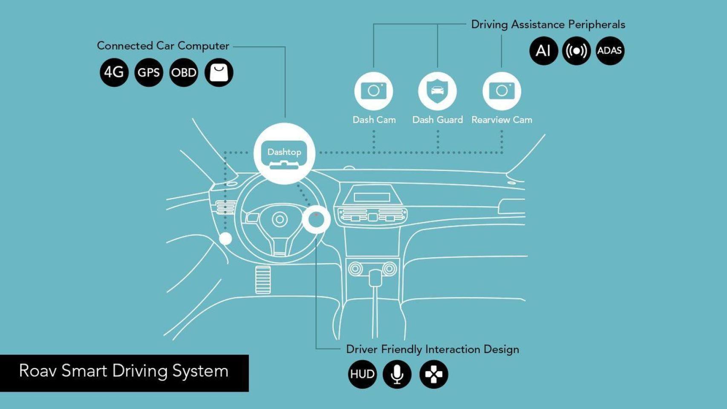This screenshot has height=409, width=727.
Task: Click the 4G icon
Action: [114, 72]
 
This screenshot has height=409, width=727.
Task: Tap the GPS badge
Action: [148, 72]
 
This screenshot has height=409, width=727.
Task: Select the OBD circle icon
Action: [184, 72]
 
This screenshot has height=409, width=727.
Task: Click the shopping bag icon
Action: [219, 72]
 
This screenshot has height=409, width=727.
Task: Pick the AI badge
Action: [543, 51]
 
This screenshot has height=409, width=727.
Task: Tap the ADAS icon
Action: [609, 51]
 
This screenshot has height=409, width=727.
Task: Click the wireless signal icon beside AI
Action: [576, 51]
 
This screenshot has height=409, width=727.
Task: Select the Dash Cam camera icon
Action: [374, 91]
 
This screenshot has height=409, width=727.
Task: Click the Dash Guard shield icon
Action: [437, 91]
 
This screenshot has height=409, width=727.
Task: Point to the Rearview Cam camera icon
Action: [502, 91]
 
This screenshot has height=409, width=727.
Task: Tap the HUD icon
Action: [362, 374]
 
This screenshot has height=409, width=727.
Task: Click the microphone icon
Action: [397, 374]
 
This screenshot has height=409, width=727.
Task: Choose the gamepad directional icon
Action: [433, 374]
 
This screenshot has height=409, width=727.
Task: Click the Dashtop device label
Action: [284, 152]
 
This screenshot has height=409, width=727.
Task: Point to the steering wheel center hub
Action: [280, 219]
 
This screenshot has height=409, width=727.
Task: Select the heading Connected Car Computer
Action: [163, 46]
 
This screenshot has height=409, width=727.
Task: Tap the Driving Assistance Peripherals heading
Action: [548, 25]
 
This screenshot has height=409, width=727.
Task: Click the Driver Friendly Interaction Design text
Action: [432, 349]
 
